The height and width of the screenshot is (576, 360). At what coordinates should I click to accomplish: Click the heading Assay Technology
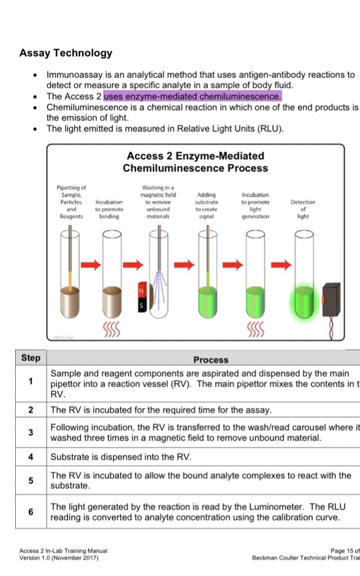(x=66, y=53)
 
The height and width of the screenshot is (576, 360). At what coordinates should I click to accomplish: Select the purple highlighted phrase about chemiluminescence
(x=192, y=96)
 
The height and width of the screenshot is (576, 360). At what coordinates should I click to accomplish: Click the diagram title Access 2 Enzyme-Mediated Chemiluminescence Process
(x=195, y=162)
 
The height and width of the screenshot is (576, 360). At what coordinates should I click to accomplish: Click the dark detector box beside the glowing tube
(x=331, y=298)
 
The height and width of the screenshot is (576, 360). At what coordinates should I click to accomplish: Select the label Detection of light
(x=303, y=209)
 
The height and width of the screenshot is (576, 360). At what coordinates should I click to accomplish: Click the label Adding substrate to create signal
(x=206, y=205)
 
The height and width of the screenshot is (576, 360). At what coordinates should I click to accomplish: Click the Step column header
(x=30, y=358)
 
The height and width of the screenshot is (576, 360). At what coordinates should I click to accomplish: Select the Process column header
(x=211, y=359)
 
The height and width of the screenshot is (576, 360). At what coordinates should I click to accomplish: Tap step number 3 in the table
(x=30, y=433)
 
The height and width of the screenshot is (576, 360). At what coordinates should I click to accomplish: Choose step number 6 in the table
(x=30, y=512)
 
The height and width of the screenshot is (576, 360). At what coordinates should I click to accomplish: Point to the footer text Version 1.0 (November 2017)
(x=58, y=558)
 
